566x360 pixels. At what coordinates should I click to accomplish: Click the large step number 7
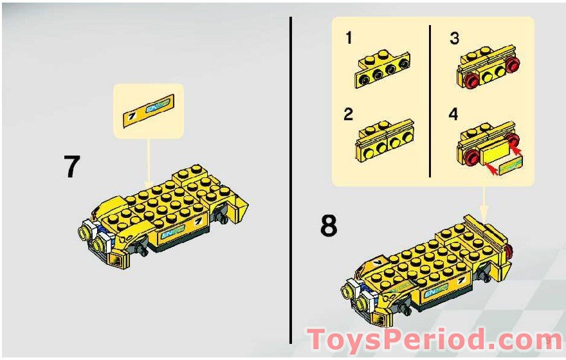coord(72,166)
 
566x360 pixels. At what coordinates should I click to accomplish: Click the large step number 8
coord(328,226)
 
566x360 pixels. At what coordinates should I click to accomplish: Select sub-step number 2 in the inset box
coord(349,115)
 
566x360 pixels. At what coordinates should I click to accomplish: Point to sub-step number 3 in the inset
coord(454,39)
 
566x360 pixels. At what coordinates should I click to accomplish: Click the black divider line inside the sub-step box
coord(430,100)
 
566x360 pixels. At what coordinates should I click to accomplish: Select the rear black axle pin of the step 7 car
coord(224,219)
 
